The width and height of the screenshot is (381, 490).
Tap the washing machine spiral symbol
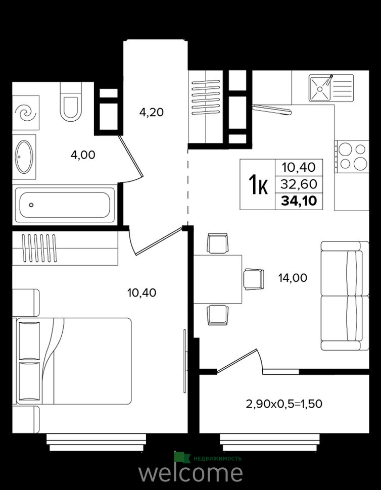[26, 113]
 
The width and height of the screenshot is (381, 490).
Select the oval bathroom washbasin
[24, 157]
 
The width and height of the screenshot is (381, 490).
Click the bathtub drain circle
[31, 205]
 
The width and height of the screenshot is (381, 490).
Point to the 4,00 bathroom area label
[83, 155]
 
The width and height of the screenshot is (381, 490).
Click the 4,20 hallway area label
[151, 112]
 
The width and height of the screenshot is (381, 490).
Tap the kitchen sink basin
[320, 88]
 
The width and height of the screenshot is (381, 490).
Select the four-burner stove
[352, 156]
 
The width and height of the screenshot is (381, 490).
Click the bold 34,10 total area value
[299, 201]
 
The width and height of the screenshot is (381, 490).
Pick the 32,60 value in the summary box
[299, 184]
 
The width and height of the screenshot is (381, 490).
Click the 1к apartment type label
[258, 184]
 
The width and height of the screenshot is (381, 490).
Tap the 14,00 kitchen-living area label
[293, 277]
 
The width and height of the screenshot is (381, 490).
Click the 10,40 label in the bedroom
[141, 293]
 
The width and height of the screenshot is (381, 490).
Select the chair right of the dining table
[254, 279]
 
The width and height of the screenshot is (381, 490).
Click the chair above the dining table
[217, 243]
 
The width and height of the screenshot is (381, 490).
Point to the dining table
[218, 279]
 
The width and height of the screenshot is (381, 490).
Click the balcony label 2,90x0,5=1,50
[284, 404]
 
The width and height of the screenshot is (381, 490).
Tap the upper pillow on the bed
[30, 340]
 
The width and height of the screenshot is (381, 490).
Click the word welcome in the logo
[190, 474]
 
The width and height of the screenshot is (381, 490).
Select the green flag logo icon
[182, 457]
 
